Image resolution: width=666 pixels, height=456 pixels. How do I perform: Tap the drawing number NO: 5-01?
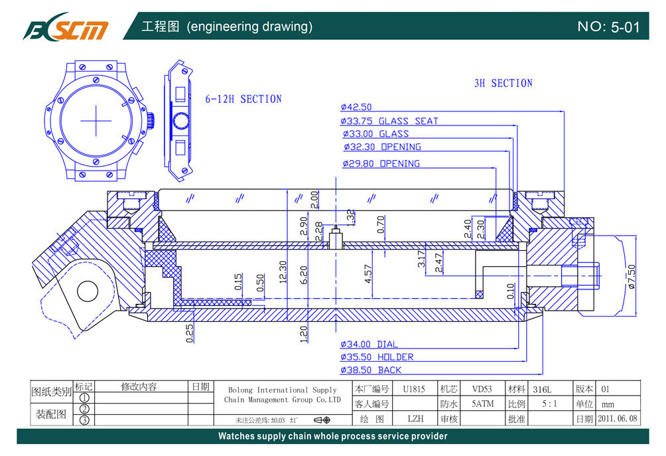click(608, 27)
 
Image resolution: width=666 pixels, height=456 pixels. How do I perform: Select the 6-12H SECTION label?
click(243, 99)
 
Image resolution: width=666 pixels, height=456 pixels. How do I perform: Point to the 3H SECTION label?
click(503, 83)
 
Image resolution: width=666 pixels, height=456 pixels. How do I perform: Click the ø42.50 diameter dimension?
click(356, 107)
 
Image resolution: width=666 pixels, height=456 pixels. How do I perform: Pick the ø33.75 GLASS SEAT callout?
click(389, 121)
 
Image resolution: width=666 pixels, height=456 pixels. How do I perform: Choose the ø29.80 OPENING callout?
click(381, 163)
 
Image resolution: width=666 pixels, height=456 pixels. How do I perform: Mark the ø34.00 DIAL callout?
click(369, 344)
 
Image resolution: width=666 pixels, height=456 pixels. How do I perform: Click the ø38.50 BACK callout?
click(371, 370)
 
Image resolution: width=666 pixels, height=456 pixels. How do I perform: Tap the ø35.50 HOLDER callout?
click(377, 357)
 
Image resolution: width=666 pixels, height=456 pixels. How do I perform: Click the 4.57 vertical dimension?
click(369, 274)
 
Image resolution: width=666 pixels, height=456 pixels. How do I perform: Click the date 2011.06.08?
click(617, 419)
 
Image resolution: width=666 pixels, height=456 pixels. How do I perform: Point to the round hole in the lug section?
click(87, 290)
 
